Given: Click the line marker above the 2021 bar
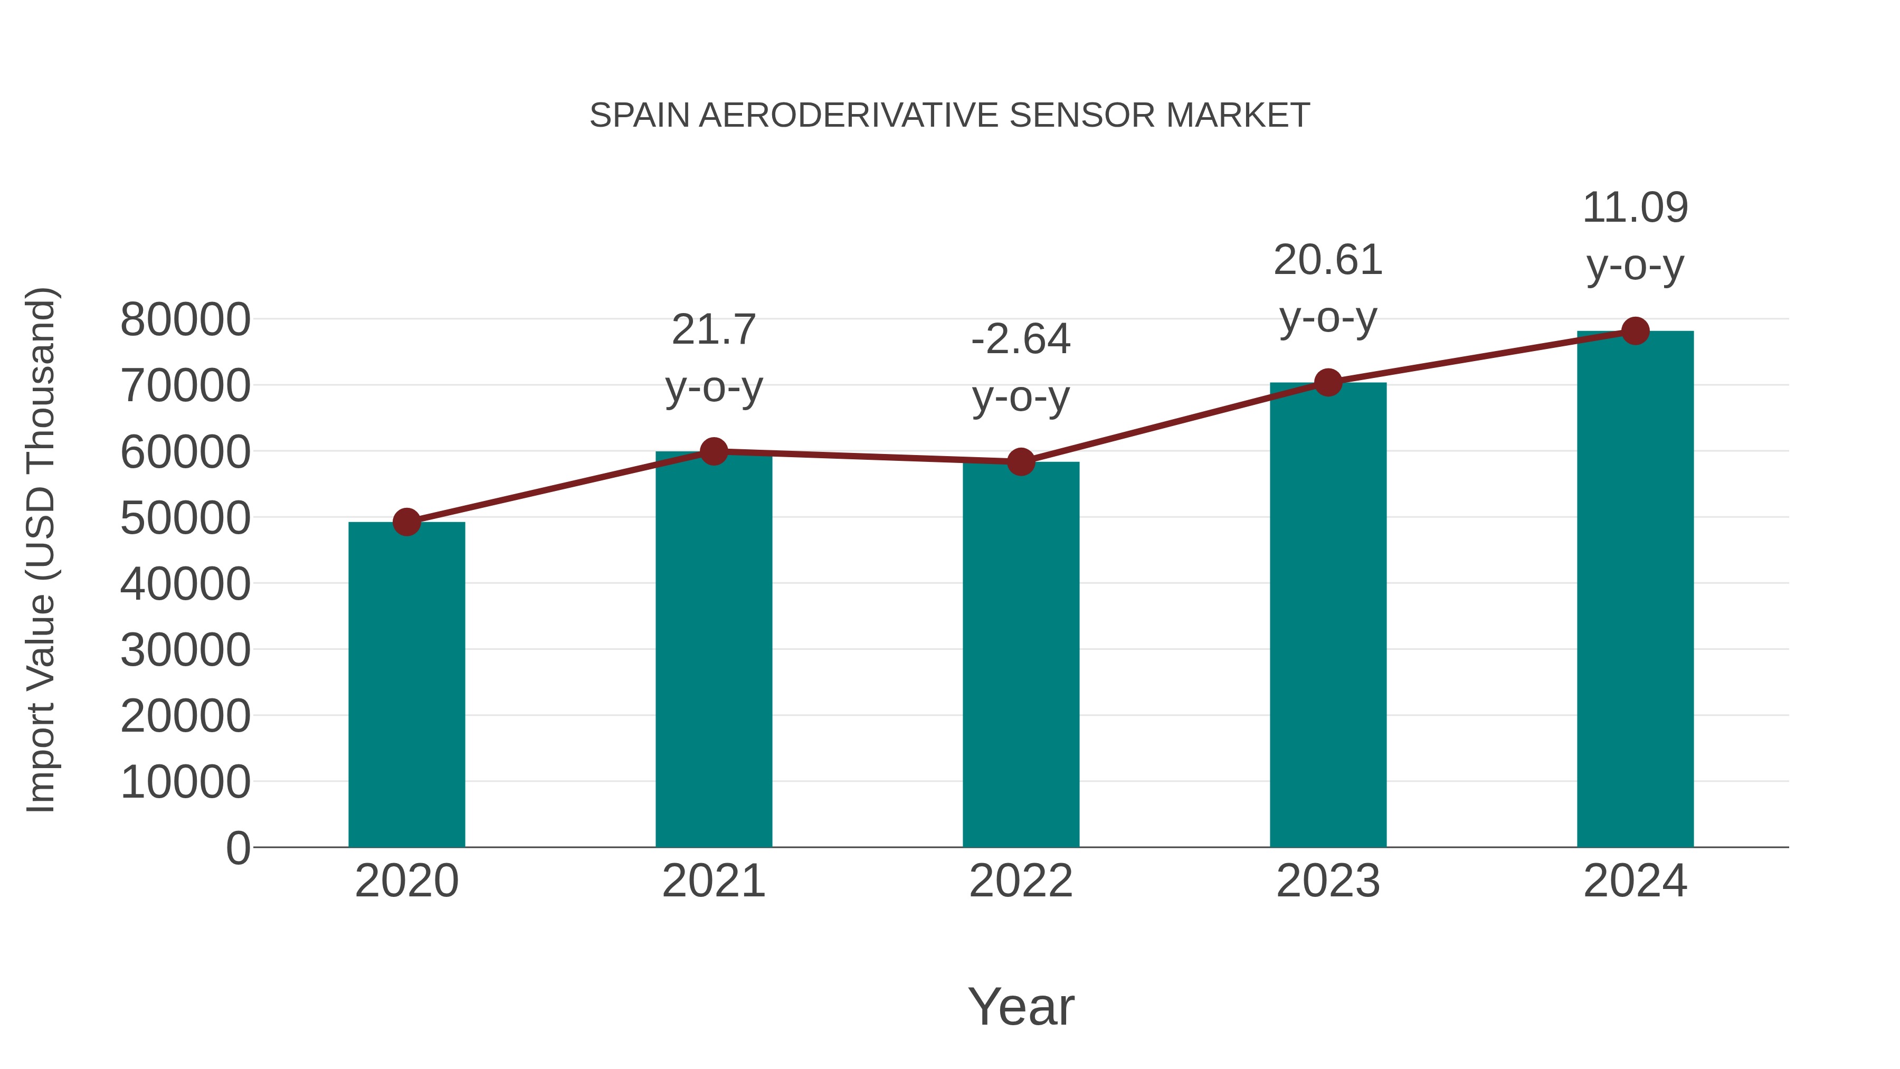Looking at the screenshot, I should [713, 451].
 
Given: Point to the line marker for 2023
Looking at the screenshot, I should [1328, 383].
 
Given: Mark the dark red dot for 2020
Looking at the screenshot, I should [406, 522].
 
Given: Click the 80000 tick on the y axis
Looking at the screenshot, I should [185, 320].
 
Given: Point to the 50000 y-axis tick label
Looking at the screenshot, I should [185, 518].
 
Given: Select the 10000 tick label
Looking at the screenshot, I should [185, 782].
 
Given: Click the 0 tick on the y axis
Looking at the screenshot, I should [237, 848].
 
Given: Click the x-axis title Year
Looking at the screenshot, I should [1021, 1006].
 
